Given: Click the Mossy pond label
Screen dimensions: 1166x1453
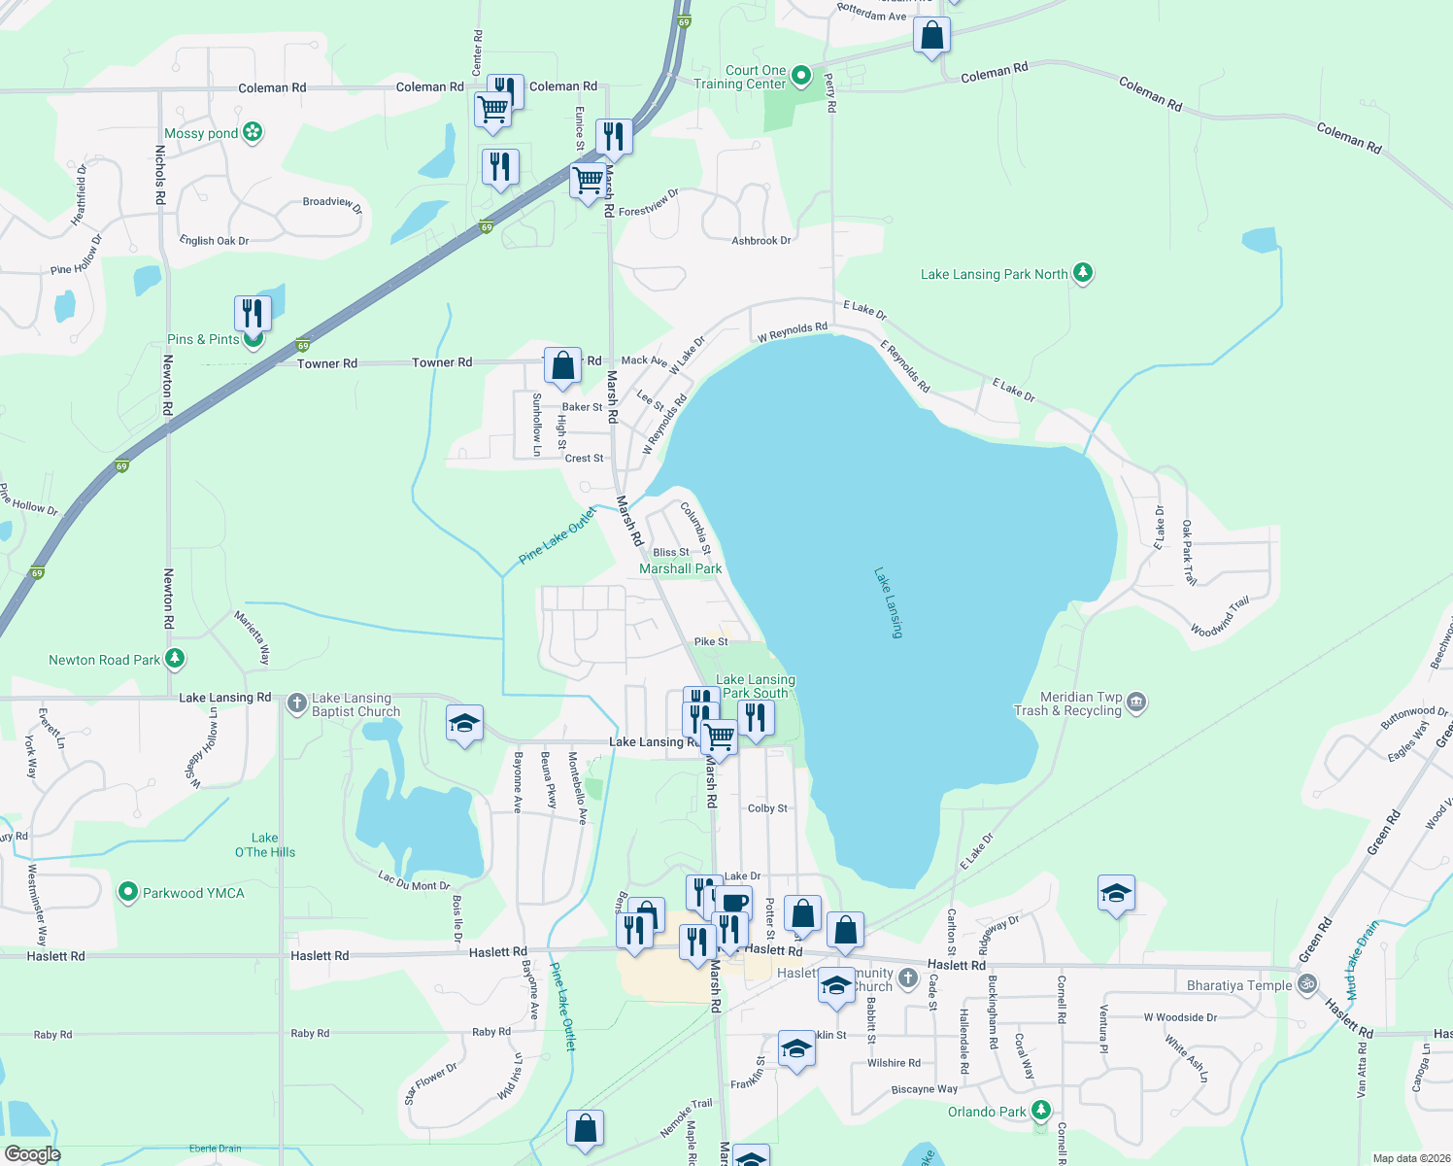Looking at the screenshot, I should [201, 133].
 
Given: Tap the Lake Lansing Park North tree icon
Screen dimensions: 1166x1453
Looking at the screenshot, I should [1083, 273].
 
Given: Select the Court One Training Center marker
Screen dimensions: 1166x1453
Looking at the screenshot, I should [801, 75].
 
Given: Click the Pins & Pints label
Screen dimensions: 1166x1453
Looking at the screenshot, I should [203, 339].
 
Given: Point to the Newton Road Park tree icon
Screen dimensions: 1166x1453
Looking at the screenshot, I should [174, 659].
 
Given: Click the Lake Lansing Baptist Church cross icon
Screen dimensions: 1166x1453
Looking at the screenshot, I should [297, 703].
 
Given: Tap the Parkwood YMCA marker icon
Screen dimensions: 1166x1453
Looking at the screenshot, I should [127, 892].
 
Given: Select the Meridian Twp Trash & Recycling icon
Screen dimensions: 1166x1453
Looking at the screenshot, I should [1136, 702].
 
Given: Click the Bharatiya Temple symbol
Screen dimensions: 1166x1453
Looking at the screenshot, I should [1307, 984].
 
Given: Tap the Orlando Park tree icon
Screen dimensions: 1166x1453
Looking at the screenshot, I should [1041, 1110].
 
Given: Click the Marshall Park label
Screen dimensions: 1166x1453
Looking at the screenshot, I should [680, 568].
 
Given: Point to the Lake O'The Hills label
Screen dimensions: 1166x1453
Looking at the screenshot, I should [264, 844].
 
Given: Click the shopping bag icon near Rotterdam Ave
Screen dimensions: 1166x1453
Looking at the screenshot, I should [931, 36].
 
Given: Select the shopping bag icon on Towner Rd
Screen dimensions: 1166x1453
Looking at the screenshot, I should [562, 365].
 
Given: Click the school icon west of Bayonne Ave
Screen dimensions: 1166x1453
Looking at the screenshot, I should [464, 723].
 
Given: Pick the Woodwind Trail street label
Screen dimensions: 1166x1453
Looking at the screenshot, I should [1220, 617].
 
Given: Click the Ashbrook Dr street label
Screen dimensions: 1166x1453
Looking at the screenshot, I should [760, 240].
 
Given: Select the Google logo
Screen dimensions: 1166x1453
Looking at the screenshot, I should [32, 1153].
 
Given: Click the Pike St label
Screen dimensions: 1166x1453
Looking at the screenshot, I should [711, 641].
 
